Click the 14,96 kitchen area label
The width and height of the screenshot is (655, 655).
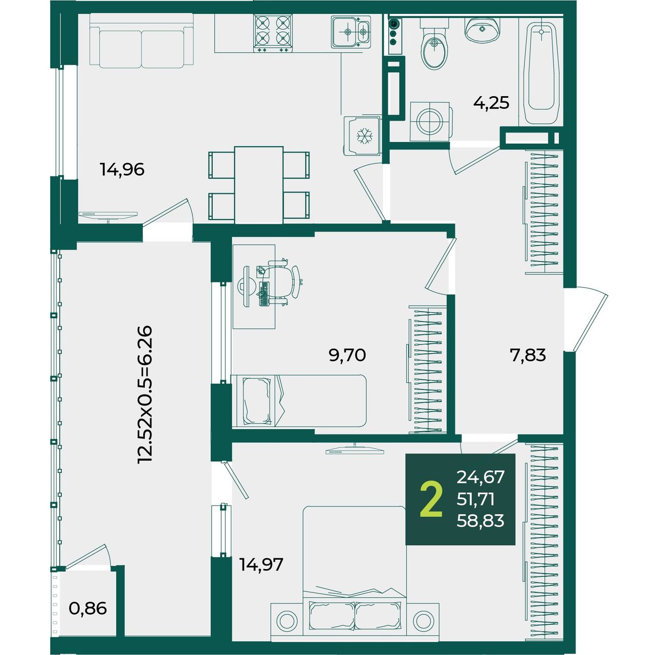[x=122, y=169]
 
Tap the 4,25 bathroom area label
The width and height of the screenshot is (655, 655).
[x=491, y=103]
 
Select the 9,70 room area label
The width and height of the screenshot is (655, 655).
[x=347, y=355]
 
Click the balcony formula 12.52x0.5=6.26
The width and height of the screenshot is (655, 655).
[x=144, y=395]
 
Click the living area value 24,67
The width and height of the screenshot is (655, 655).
[x=481, y=477]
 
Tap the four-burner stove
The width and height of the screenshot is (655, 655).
[x=273, y=33]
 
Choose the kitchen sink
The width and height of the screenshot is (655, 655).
[x=351, y=32]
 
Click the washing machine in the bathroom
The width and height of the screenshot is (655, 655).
[x=431, y=121]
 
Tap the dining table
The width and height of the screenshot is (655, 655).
[x=258, y=185]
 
